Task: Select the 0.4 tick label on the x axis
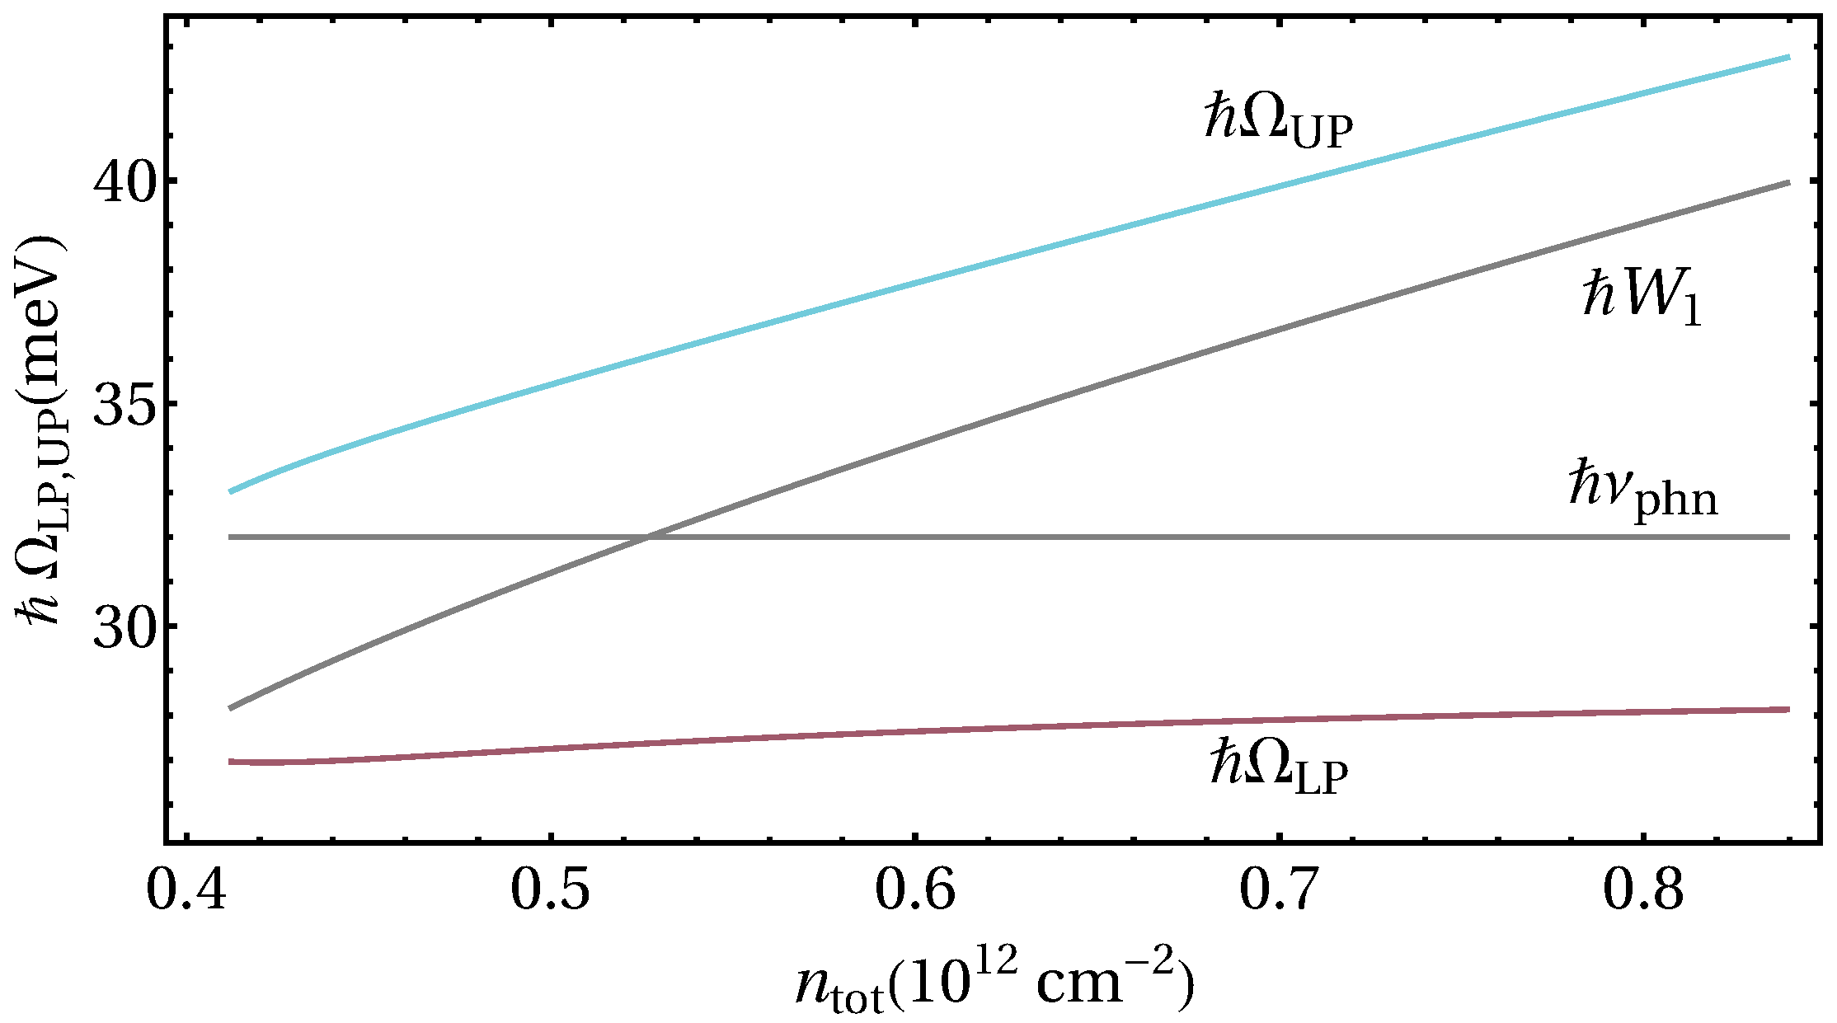187,892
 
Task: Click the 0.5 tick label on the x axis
551,892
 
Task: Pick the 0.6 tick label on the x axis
914,892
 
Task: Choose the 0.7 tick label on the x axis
1279,892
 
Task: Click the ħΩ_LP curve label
1279,767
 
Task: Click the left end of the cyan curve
231,491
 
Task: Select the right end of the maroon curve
1788,709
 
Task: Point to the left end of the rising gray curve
231,708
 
